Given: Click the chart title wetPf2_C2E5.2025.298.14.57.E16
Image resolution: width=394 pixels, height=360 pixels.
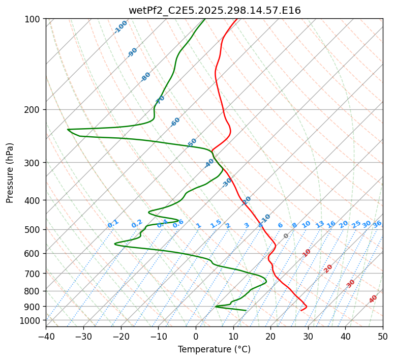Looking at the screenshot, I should pos(214,10).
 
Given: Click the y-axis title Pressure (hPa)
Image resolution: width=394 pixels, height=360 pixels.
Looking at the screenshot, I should pos(10,172).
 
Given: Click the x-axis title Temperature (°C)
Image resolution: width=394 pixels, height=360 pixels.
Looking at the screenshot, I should pos(214,349).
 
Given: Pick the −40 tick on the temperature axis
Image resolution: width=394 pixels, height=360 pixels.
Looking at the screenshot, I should pos(46,336).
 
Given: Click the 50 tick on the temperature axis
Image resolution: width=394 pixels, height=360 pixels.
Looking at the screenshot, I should pos(383,336).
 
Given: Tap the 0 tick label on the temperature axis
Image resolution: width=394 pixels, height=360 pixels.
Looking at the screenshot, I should pos(196,336).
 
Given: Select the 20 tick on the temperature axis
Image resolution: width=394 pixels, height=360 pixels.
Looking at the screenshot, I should pos(270,336).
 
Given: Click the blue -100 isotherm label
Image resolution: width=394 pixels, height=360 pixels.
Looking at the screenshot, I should pos(120,27).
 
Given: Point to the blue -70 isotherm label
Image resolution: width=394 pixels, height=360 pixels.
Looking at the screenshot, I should pos(160,100).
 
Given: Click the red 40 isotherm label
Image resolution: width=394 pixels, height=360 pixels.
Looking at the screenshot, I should pos(373,299).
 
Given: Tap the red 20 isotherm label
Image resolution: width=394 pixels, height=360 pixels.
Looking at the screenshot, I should pos(328,268).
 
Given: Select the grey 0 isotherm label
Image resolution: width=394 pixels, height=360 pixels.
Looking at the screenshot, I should pos(286,236).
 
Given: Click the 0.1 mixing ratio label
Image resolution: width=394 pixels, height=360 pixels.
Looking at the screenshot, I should pos(113,223).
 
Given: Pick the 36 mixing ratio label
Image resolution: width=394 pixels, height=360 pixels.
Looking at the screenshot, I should pos(377,224).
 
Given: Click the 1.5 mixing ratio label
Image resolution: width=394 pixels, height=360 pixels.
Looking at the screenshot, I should pos(216,223).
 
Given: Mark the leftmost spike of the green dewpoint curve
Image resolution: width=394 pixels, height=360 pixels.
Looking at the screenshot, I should pos(68,129).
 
